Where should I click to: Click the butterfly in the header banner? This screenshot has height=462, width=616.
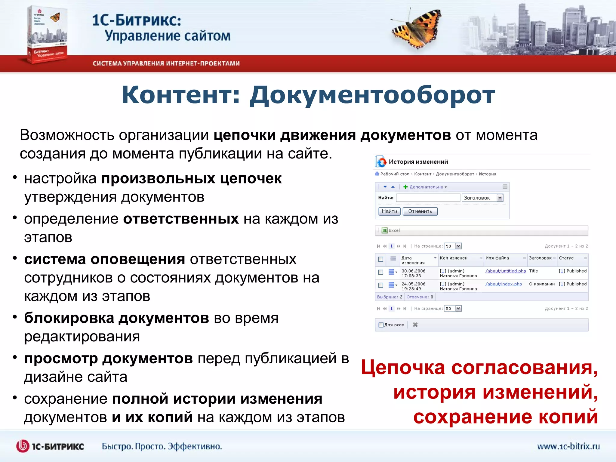click(417, 28)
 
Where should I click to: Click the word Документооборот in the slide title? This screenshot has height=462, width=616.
click(372, 95)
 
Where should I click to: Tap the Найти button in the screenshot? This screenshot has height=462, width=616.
click(389, 211)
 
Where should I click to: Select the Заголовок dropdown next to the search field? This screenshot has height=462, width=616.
click(482, 198)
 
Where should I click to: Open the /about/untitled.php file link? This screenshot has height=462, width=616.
click(505, 271)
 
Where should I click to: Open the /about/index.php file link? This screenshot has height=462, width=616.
click(504, 284)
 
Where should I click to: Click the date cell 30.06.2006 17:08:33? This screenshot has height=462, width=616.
click(413, 273)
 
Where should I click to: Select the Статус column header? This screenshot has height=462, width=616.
click(566, 258)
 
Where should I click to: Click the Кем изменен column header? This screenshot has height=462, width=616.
click(453, 258)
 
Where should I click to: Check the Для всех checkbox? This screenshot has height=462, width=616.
click(381, 325)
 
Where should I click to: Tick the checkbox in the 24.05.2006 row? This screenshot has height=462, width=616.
click(380, 285)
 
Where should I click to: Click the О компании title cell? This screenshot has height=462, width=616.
click(542, 284)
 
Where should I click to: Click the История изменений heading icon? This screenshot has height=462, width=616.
click(381, 162)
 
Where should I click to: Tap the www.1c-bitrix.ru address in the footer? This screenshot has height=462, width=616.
click(568, 446)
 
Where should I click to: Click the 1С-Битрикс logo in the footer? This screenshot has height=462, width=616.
click(50, 446)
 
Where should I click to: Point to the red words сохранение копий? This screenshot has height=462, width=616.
click(505, 417)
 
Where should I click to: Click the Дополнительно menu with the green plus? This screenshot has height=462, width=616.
click(425, 187)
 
